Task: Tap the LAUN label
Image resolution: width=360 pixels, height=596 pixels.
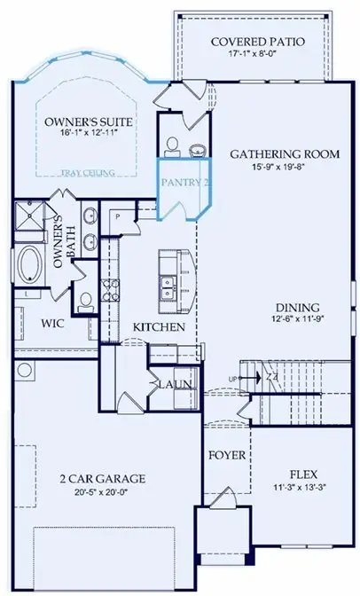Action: (171, 384)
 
